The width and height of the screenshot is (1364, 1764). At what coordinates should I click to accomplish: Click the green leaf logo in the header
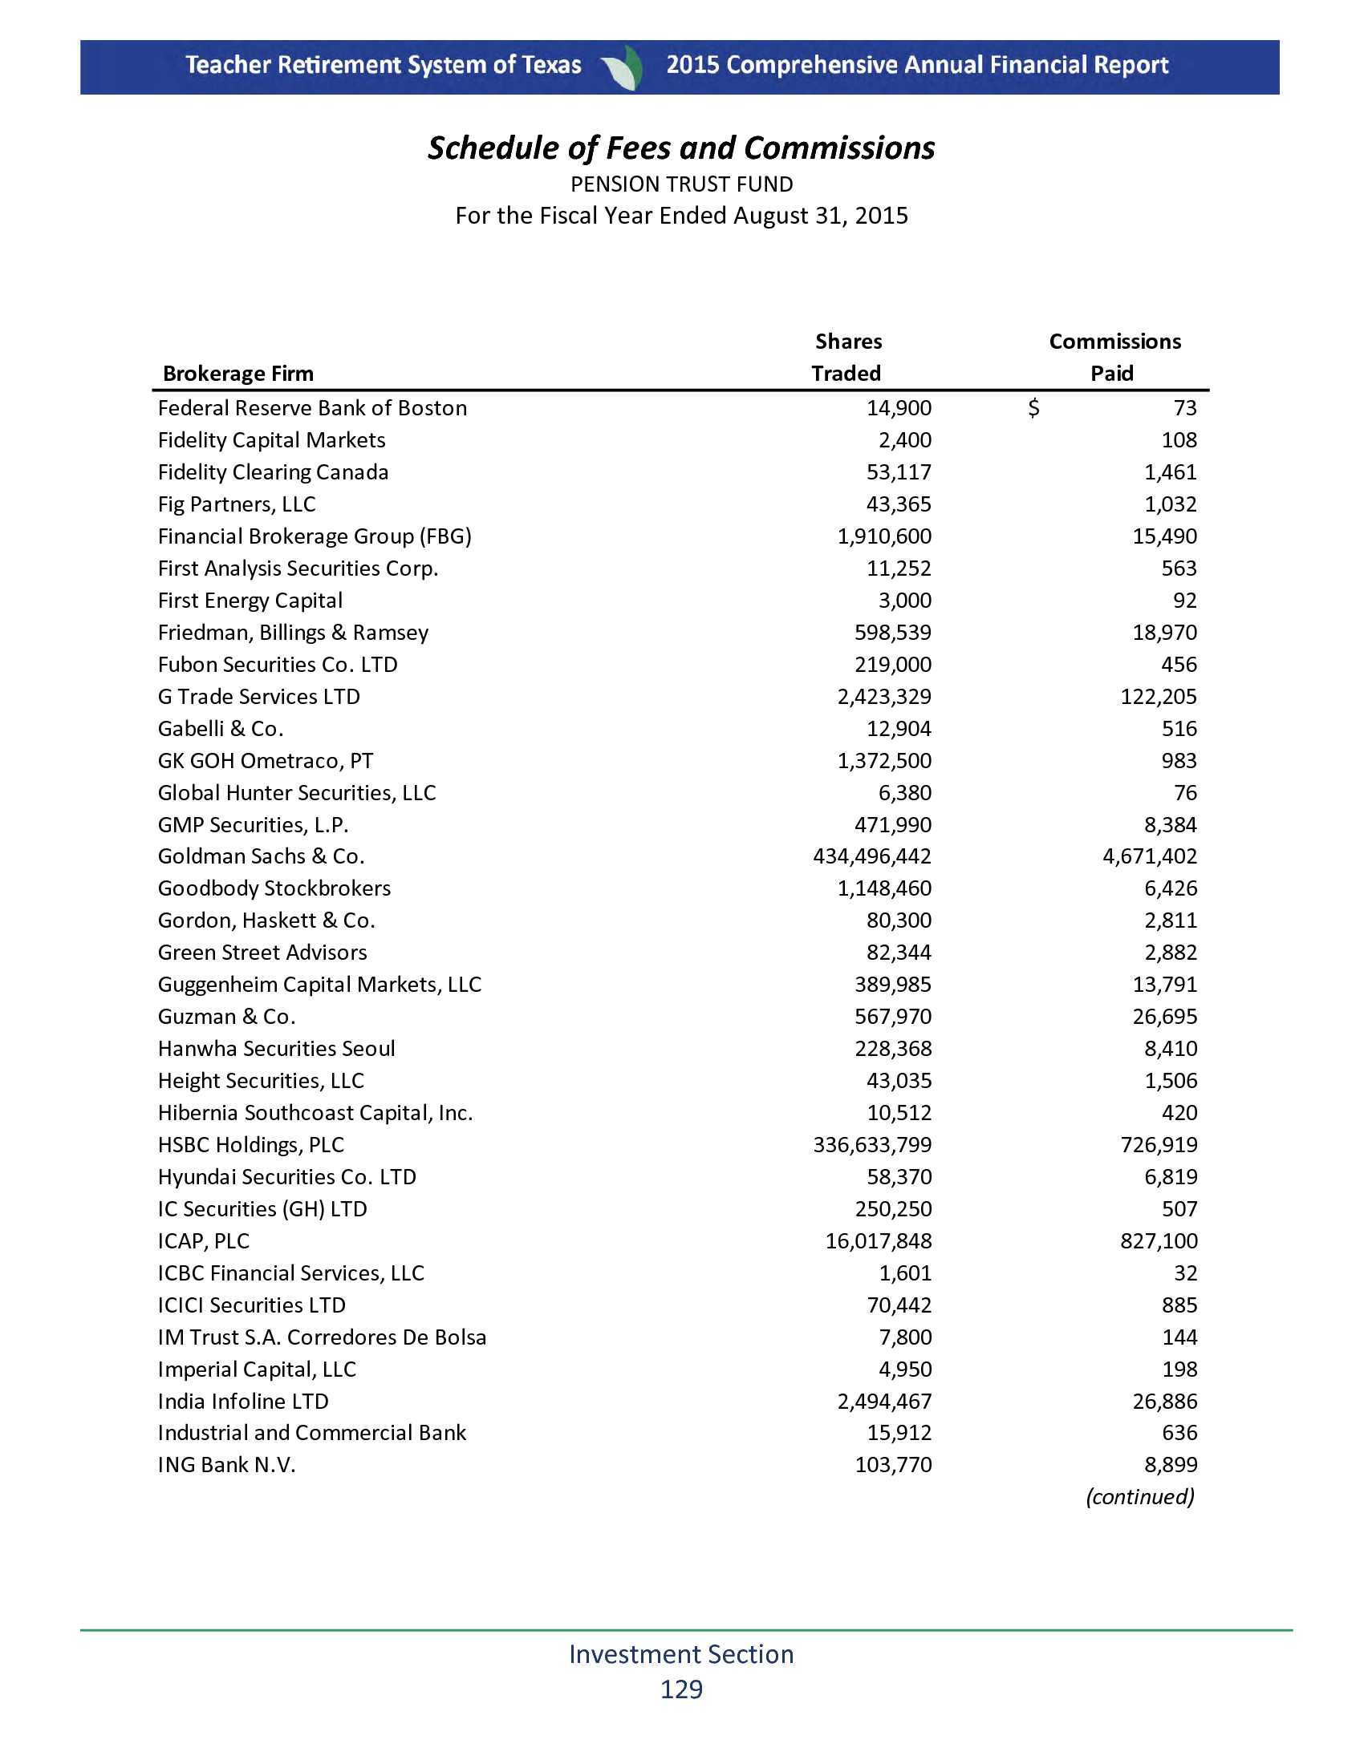tap(623, 67)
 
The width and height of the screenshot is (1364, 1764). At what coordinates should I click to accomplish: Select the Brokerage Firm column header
tap(237, 373)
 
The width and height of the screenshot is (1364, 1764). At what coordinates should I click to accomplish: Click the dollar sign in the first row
tap(1033, 408)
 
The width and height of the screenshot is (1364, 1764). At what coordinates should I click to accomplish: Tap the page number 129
tap(681, 1689)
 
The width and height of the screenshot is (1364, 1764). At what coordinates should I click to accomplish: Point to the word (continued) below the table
tap(1139, 1497)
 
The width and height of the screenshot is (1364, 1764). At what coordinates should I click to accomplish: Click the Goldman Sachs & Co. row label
tap(261, 856)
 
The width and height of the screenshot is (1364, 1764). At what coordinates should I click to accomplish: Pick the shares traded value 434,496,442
tap(872, 856)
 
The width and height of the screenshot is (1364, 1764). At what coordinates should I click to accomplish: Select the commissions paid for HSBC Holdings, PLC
tap(1159, 1144)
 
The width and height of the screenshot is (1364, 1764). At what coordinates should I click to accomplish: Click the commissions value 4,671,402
tap(1150, 856)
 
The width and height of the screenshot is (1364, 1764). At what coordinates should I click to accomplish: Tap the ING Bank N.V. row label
tap(227, 1464)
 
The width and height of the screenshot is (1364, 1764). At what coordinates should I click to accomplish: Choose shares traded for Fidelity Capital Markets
tap(905, 440)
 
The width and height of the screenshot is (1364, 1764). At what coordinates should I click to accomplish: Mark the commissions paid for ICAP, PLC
tap(1159, 1240)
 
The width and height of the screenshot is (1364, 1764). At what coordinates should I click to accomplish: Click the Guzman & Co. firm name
tap(227, 1016)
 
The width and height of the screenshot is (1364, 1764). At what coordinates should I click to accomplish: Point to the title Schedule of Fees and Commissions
tap(681, 148)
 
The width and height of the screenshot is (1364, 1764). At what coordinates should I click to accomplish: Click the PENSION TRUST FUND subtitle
tap(681, 185)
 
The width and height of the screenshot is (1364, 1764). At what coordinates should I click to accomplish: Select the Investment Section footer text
tap(681, 1653)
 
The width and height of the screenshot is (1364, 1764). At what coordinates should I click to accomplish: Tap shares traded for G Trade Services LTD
tap(884, 696)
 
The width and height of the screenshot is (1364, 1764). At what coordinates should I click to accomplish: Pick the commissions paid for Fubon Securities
tap(1179, 665)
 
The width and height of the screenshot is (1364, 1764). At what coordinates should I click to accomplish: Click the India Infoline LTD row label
tap(243, 1402)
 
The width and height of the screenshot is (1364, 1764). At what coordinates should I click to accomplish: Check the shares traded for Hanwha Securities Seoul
tap(893, 1049)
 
